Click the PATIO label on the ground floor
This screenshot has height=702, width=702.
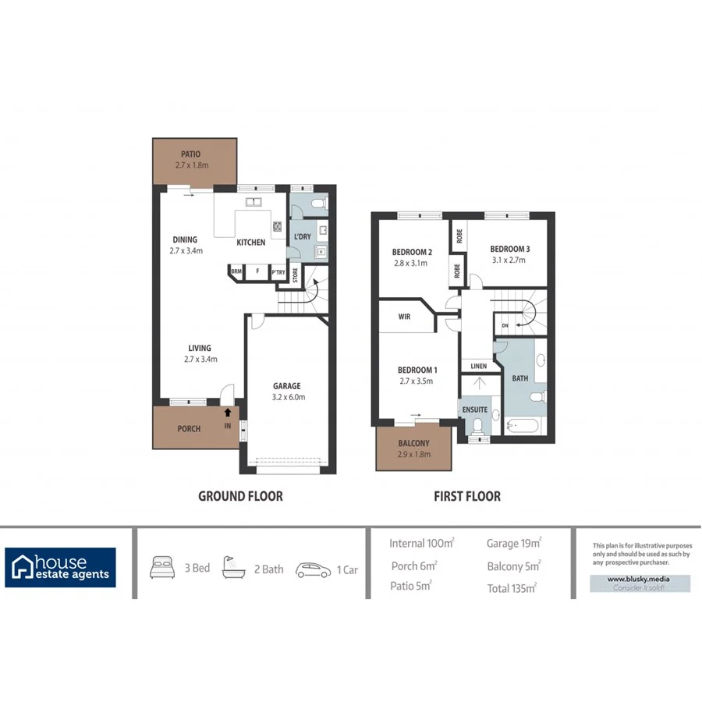190,154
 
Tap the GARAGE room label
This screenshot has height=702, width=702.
286,386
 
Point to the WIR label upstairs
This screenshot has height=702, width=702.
404,317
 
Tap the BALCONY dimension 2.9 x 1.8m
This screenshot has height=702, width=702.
414,454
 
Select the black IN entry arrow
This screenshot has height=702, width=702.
227,413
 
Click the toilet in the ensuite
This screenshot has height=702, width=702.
477,426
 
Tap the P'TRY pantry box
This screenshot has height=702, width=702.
277,272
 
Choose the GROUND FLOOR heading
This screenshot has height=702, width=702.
240,496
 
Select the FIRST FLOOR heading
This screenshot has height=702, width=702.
466,496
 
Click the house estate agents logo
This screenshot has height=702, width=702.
61,567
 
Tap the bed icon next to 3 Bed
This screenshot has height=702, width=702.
161,568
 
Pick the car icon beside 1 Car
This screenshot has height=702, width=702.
313,569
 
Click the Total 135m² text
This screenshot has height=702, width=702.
511,588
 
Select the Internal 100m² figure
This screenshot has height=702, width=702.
422,544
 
